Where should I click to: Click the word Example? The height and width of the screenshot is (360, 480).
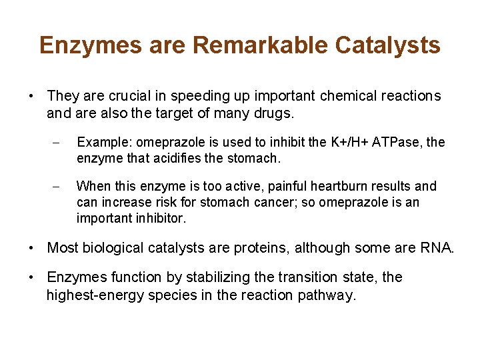[101, 143]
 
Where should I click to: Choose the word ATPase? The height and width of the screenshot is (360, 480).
[397, 143]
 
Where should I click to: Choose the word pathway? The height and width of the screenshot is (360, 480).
[329, 295]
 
